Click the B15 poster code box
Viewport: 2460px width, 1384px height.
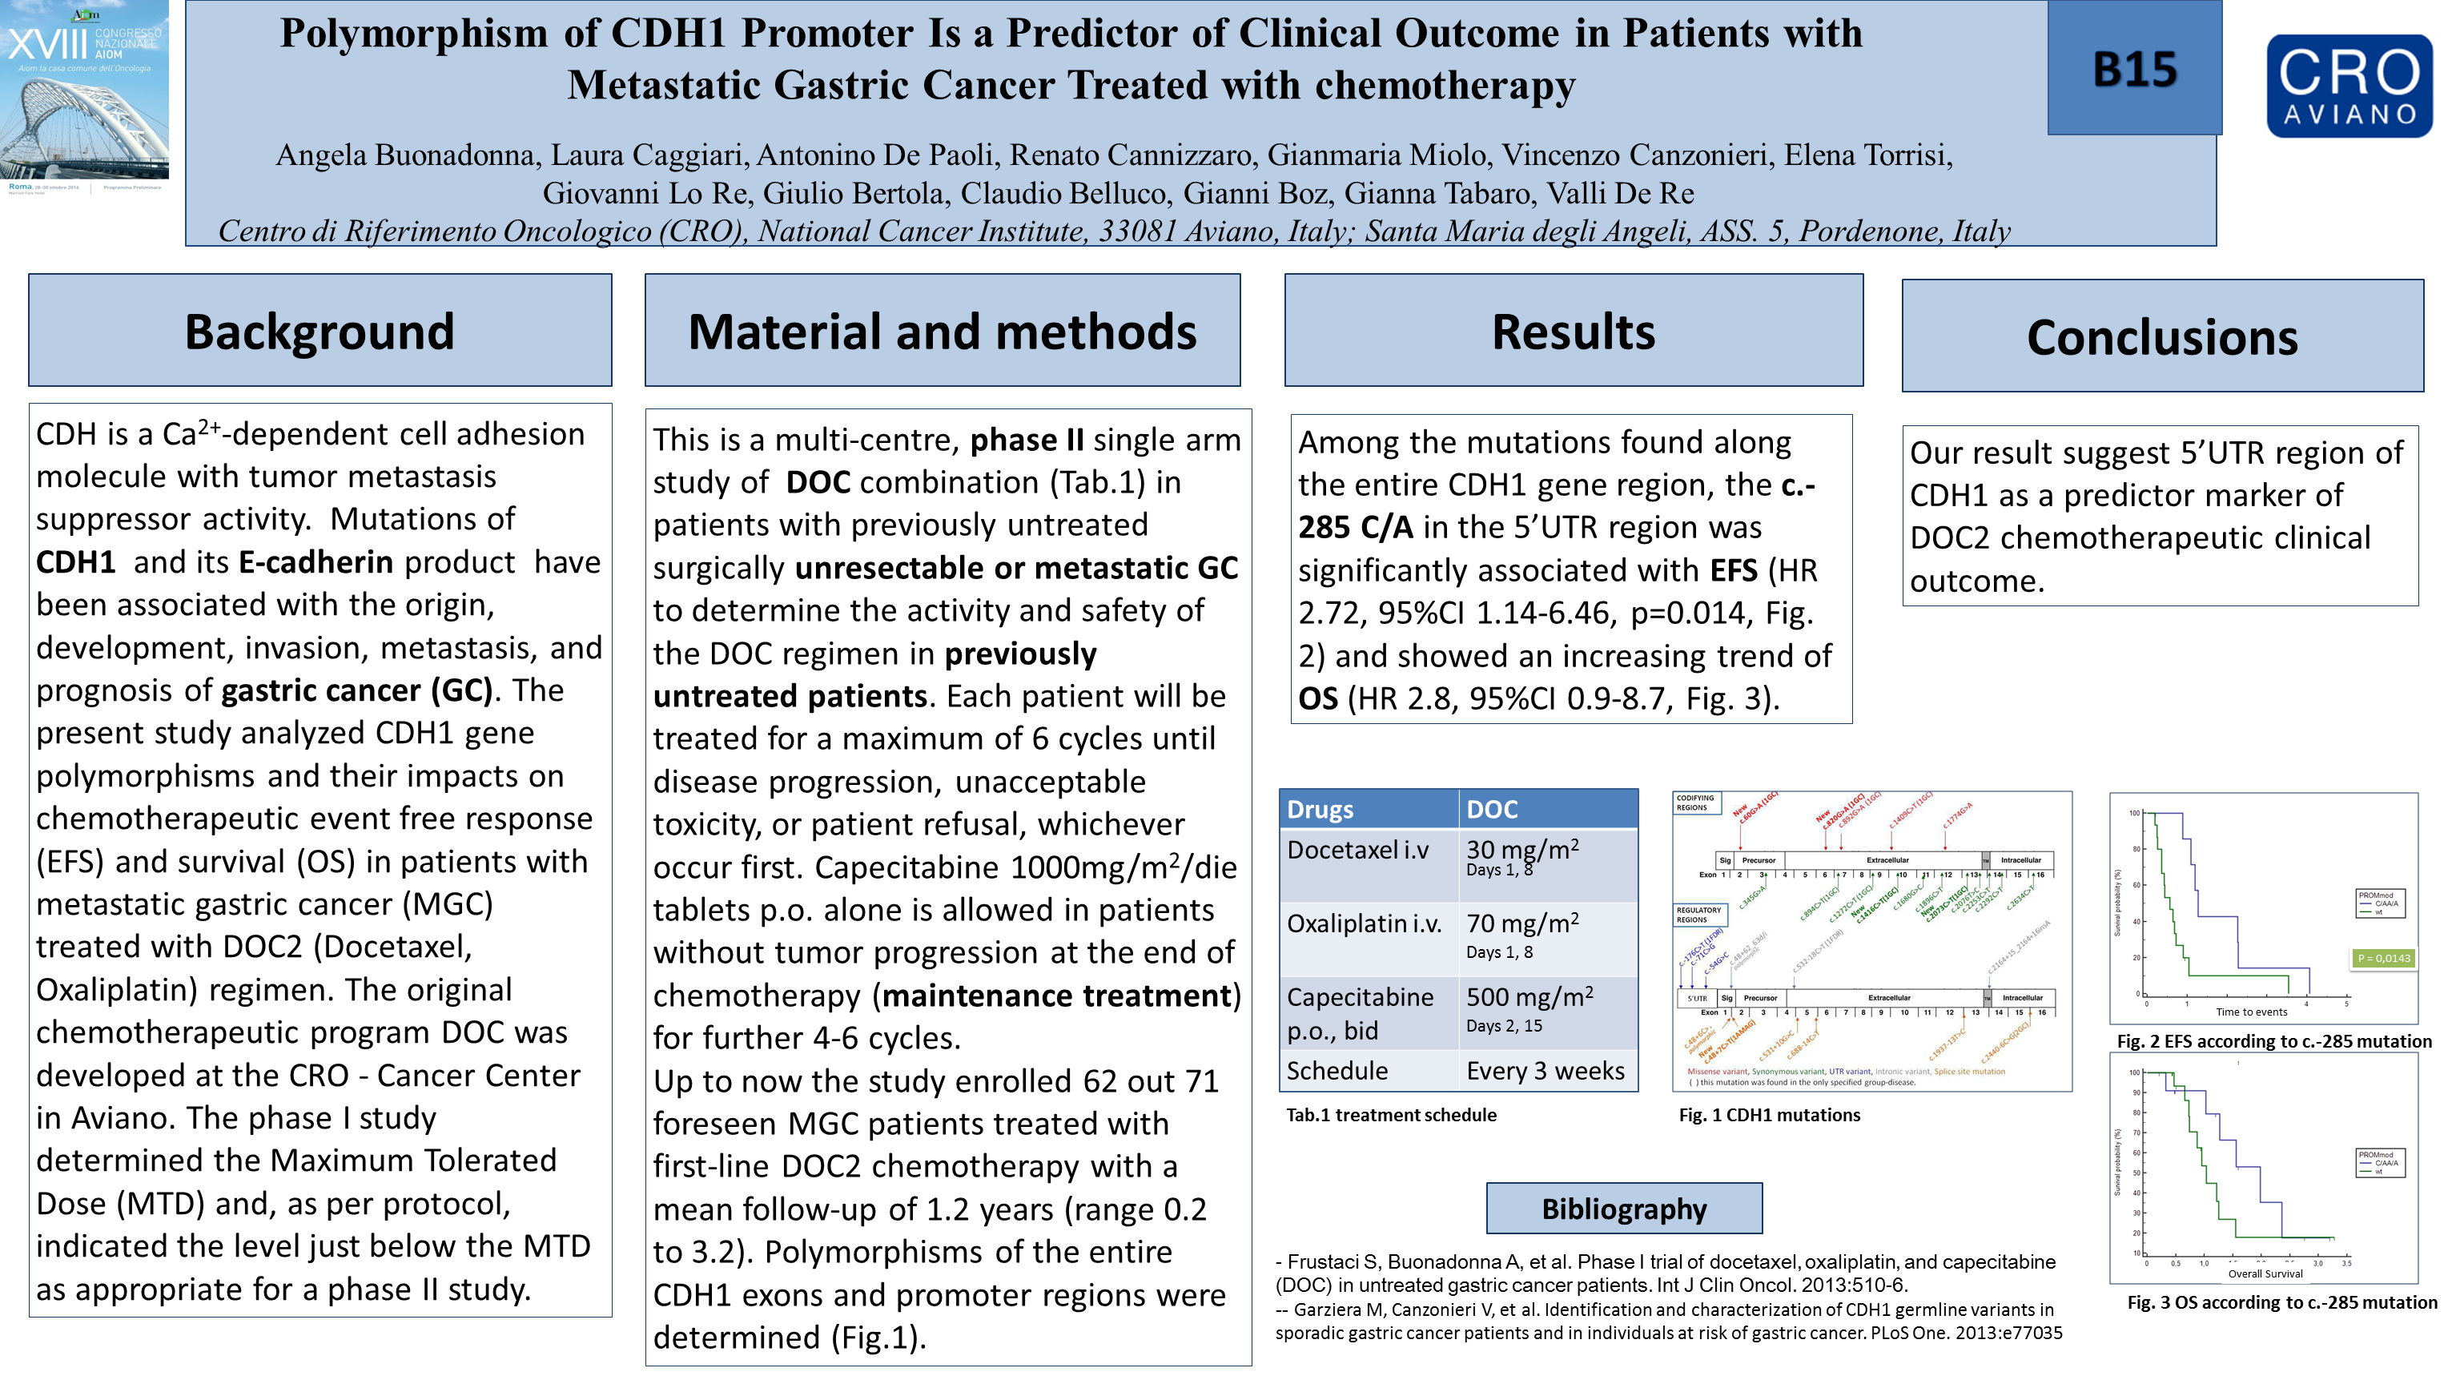point(2133,69)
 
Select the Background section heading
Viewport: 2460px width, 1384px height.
point(320,332)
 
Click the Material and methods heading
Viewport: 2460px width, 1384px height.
point(942,332)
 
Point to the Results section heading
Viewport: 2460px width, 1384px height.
point(1573,332)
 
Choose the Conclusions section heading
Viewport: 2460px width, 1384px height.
point(2162,337)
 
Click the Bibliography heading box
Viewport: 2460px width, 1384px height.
point(1623,1209)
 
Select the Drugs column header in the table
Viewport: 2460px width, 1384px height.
point(1320,810)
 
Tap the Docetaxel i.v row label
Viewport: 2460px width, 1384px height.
point(1357,850)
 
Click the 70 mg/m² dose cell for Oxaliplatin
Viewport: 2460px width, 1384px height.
point(1522,923)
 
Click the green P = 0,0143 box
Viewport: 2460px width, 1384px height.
point(2384,958)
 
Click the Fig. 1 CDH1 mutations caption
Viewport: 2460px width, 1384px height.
point(1769,1115)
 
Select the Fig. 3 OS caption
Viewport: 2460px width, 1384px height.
point(2281,1302)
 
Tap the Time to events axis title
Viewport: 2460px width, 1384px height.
point(2251,1012)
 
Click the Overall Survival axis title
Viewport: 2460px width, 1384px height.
point(2265,1273)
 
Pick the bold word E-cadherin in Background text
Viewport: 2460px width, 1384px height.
point(316,561)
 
